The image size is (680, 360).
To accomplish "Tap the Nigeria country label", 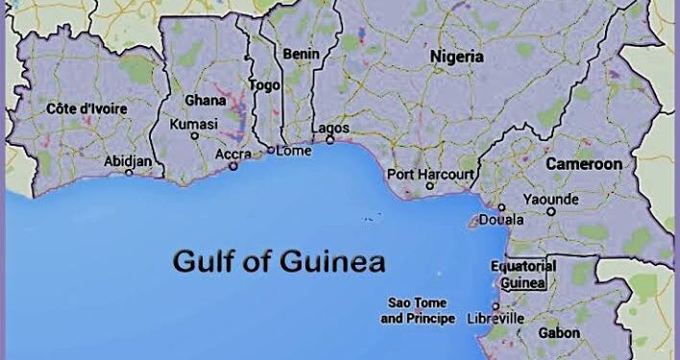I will tap(456, 57).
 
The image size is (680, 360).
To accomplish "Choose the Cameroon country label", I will tap(584, 164).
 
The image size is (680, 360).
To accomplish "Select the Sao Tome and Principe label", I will tap(419, 309).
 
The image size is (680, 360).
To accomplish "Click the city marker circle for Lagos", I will tap(329, 140).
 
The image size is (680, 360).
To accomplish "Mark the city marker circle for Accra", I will tap(232, 166).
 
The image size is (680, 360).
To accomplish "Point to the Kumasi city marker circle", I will tap(195, 136).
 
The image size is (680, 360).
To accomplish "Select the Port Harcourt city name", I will tap(430, 175).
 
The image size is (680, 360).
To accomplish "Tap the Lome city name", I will tap(294, 150).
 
